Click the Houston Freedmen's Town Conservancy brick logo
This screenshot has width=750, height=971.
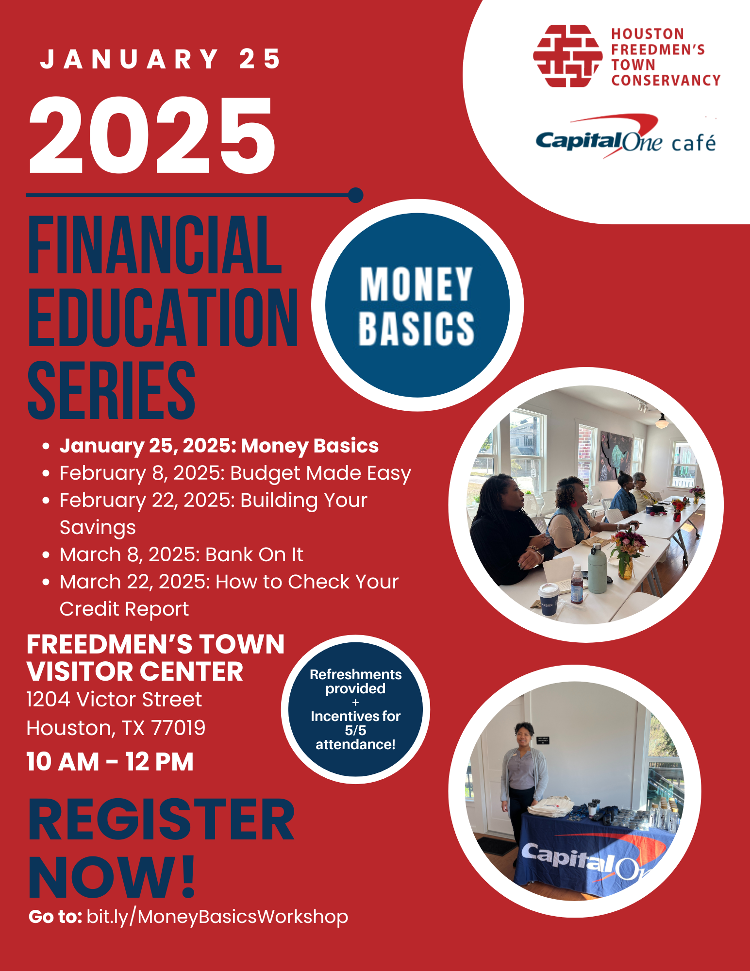(x=567, y=56)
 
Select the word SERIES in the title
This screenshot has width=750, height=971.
(x=112, y=390)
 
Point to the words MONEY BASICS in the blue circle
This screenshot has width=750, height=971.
(x=417, y=306)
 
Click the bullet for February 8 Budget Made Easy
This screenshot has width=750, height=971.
(x=46, y=473)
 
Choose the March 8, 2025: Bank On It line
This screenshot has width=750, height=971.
(x=181, y=554)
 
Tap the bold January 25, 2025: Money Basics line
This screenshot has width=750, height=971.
(x=218, y=446)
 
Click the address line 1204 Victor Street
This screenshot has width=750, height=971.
(x=114, y=700)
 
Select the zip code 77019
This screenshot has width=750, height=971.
(x=178, y=728)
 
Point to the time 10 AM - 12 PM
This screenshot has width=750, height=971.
(x=110, y=761)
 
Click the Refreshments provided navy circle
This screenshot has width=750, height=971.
(x=355, y=709)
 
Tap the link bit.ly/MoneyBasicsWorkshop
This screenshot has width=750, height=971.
(x=217, y=917)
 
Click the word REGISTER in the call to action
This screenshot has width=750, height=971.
(x=161, y=820)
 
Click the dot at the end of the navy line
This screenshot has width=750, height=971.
(x=356, y=195)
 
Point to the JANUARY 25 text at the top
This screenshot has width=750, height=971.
(x=160, y=59)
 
